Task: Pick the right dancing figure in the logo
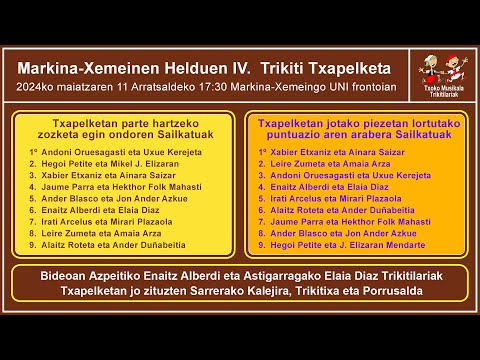click(x=454, y=70)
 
